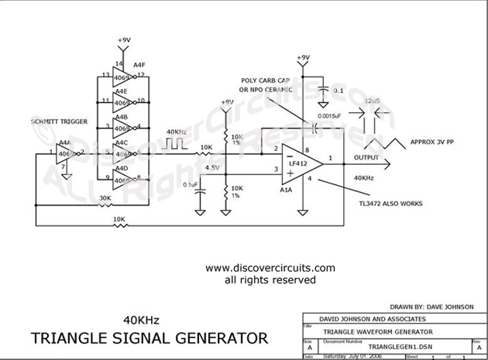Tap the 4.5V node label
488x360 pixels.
pyautogui.click(x=211, y=164)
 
